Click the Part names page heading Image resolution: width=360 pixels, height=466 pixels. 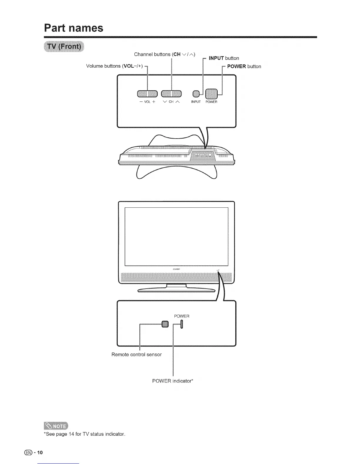coord(74,28)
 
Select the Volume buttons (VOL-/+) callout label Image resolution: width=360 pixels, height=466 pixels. coord(114,66)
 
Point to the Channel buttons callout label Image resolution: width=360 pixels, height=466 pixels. coord(165,54)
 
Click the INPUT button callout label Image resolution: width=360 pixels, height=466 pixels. coord(224,58)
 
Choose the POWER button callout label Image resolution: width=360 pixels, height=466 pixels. coord(244,66)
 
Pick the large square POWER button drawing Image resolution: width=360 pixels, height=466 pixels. coord(211,94)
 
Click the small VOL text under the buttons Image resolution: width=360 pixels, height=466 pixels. coord(147,102)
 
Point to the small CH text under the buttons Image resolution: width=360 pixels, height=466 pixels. coord(171,102)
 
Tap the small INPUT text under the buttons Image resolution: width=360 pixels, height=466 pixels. coord(196,102)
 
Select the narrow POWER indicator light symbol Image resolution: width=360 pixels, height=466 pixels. coord(181,324)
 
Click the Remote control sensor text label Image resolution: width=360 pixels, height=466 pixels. coord(136,355)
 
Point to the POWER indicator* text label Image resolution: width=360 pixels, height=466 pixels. coord(173,381)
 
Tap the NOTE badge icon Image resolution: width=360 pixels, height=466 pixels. coord(56,426)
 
